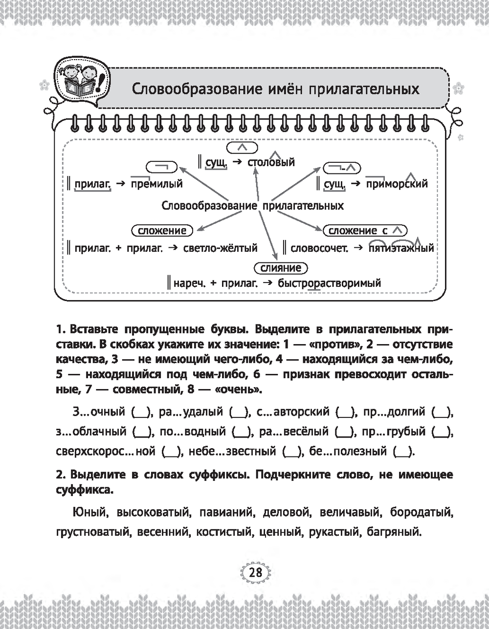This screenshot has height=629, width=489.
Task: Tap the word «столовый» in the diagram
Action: (271, 163)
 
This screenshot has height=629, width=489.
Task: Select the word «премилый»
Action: (157, 184)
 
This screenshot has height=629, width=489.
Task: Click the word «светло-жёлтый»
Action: (220, 248)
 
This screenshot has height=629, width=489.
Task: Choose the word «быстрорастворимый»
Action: (329, 283)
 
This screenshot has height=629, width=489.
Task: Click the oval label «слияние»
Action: (281, 268)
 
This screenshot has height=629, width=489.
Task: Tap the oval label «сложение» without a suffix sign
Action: (162, 231)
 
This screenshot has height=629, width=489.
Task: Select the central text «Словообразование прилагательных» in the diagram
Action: (252, 206)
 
